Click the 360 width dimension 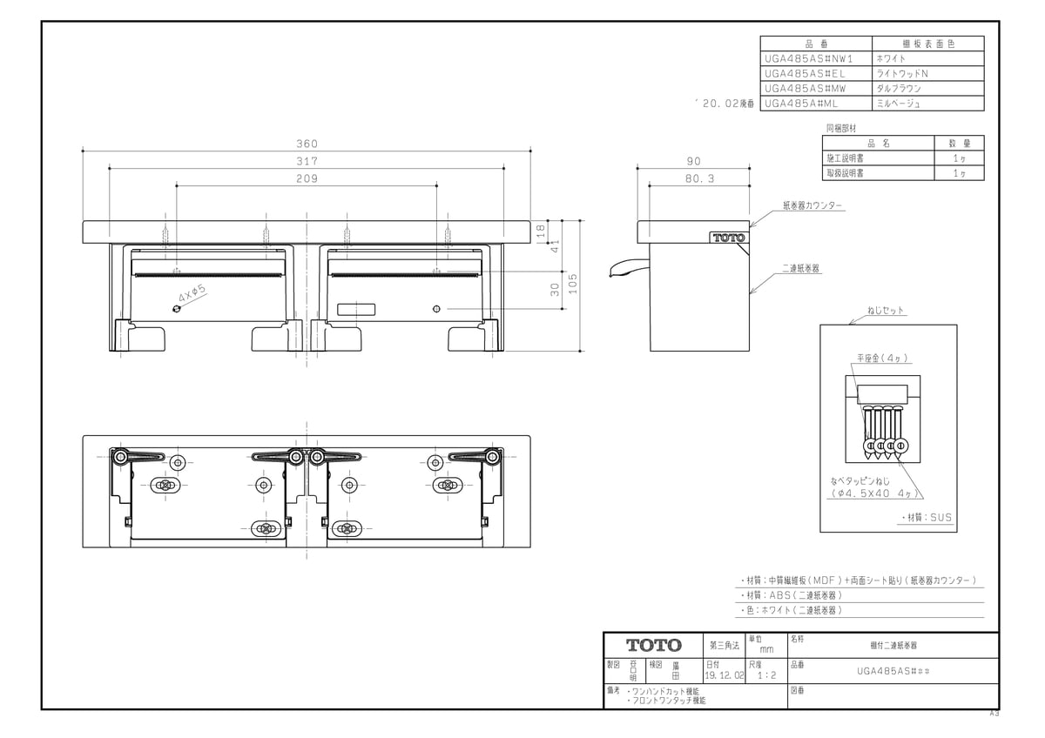[307, 144]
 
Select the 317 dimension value [307, 161]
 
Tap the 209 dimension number [307, 178]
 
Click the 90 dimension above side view [693, 161]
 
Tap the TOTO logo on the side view [728, 238]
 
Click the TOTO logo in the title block [654, 646]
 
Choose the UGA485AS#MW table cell [805, 88]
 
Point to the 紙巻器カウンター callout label [812, 206]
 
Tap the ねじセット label [886, 310]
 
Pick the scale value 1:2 [766, 674]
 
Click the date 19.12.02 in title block [724, 674]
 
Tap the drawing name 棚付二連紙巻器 [893, 646]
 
